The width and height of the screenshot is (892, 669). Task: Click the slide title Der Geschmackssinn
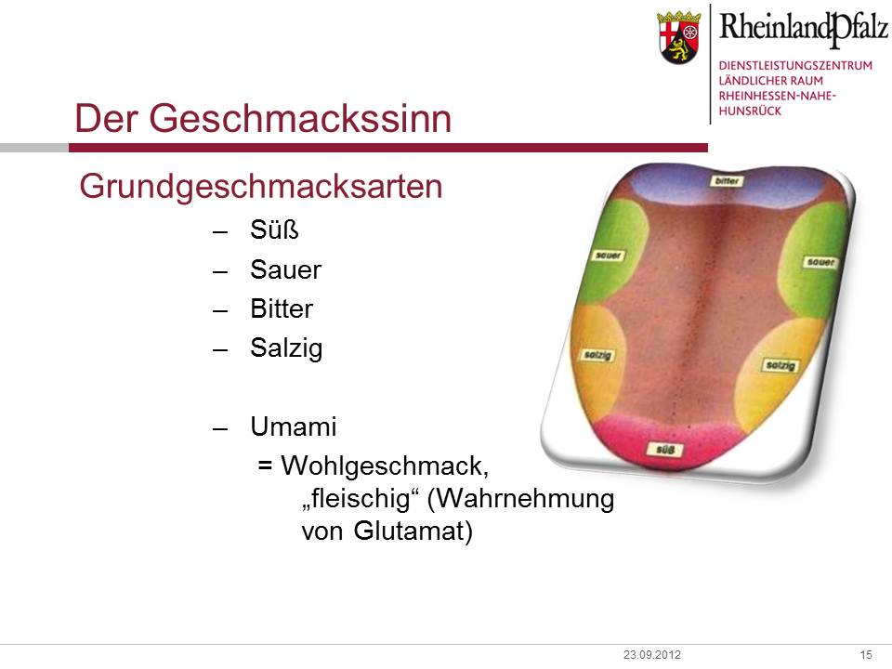coord(263,118)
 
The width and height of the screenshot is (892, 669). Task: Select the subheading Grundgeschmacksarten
coord(260,187)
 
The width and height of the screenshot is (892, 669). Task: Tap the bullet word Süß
coord(274,230)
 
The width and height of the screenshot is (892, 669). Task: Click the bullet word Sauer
coord(285,269)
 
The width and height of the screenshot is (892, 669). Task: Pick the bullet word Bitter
coord(282,308)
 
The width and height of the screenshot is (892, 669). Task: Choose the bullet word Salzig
coord(286,348)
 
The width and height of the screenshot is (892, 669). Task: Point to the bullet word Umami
coord(294,426)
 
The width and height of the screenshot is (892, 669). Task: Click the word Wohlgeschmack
coord(385,466)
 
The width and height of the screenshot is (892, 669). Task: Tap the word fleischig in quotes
coord(361,499)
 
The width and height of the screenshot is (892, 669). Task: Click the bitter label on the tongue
coord(727,181)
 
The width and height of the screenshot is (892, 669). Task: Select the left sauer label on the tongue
coord(608,256)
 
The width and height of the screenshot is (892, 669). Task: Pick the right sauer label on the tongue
coord(820,262)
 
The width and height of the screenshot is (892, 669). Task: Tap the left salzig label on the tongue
coord(597,355)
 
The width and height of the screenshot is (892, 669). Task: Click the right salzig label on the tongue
coord(780,365)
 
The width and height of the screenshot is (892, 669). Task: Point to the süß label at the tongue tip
coord(665,450)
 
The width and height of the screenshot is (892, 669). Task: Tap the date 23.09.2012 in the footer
coord(652,655)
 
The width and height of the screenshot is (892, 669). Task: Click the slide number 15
coord(866,655)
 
